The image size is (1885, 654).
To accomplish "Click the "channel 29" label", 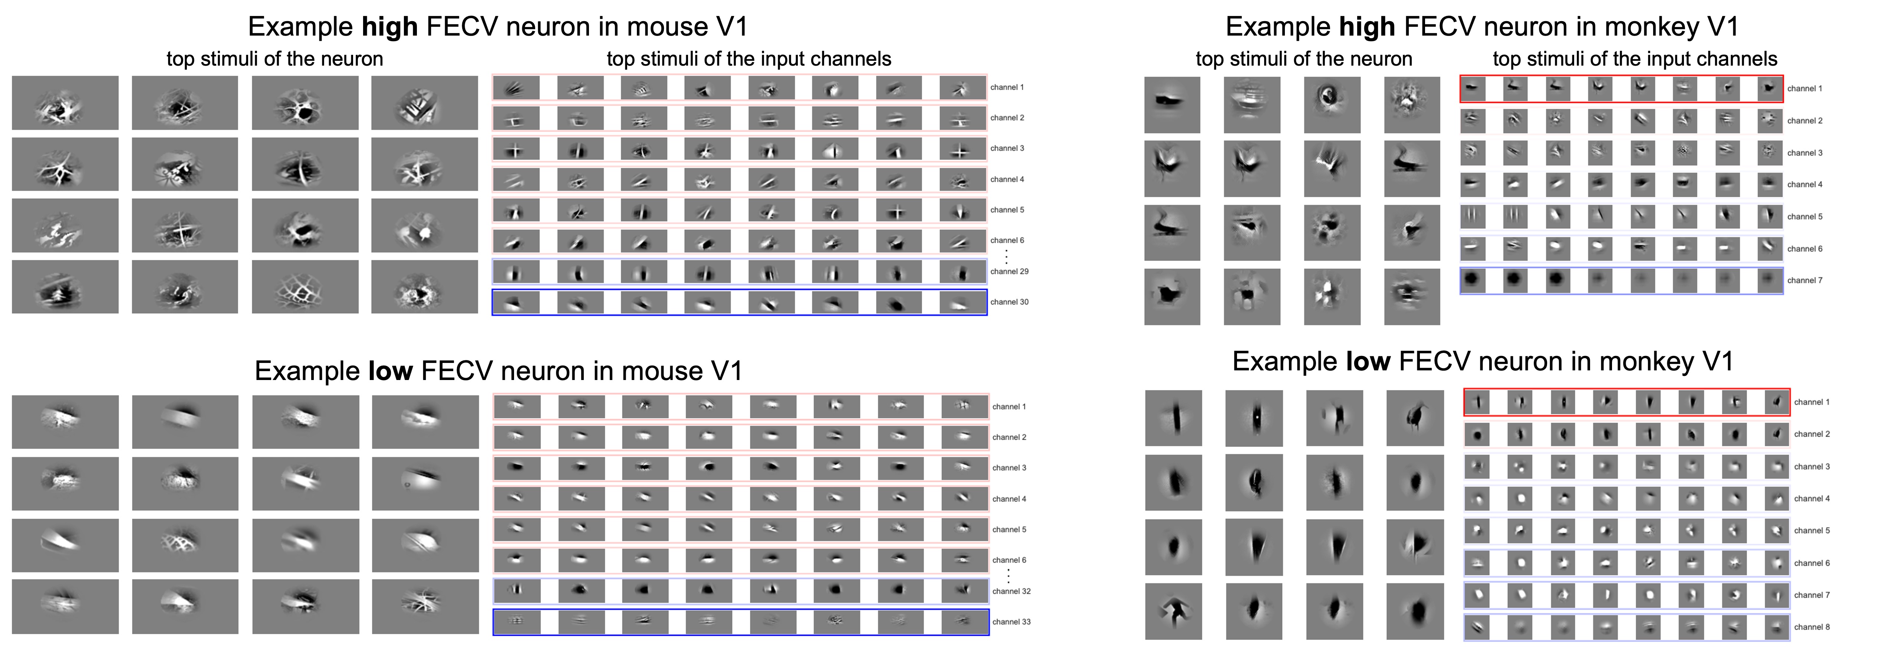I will pos(1009,271).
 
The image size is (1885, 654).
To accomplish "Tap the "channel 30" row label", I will pos(1009,302).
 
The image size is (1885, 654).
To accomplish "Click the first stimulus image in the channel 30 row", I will pos(516,302).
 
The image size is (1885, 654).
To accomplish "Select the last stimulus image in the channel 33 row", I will pos(964,622).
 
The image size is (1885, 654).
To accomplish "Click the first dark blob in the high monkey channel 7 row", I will pos(1473,280).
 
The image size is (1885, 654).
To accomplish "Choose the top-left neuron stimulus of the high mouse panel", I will pos(65,103).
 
